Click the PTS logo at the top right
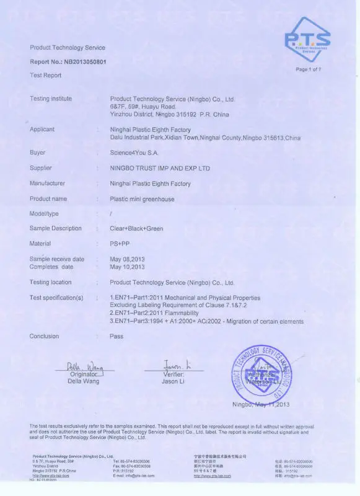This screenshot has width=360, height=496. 307,39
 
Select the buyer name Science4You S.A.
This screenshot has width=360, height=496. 135,152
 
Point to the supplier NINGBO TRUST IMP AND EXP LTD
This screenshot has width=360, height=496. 160,168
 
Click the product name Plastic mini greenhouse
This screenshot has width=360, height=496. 142,199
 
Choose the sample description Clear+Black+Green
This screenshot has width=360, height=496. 136,229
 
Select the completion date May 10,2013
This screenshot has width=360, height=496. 127,267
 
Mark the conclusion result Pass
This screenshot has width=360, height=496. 116,337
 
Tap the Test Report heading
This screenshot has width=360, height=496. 46,75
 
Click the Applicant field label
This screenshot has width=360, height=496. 42,130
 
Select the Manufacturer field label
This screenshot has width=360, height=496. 47,184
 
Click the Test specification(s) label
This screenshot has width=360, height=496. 56,298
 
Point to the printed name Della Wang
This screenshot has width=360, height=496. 83,382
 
